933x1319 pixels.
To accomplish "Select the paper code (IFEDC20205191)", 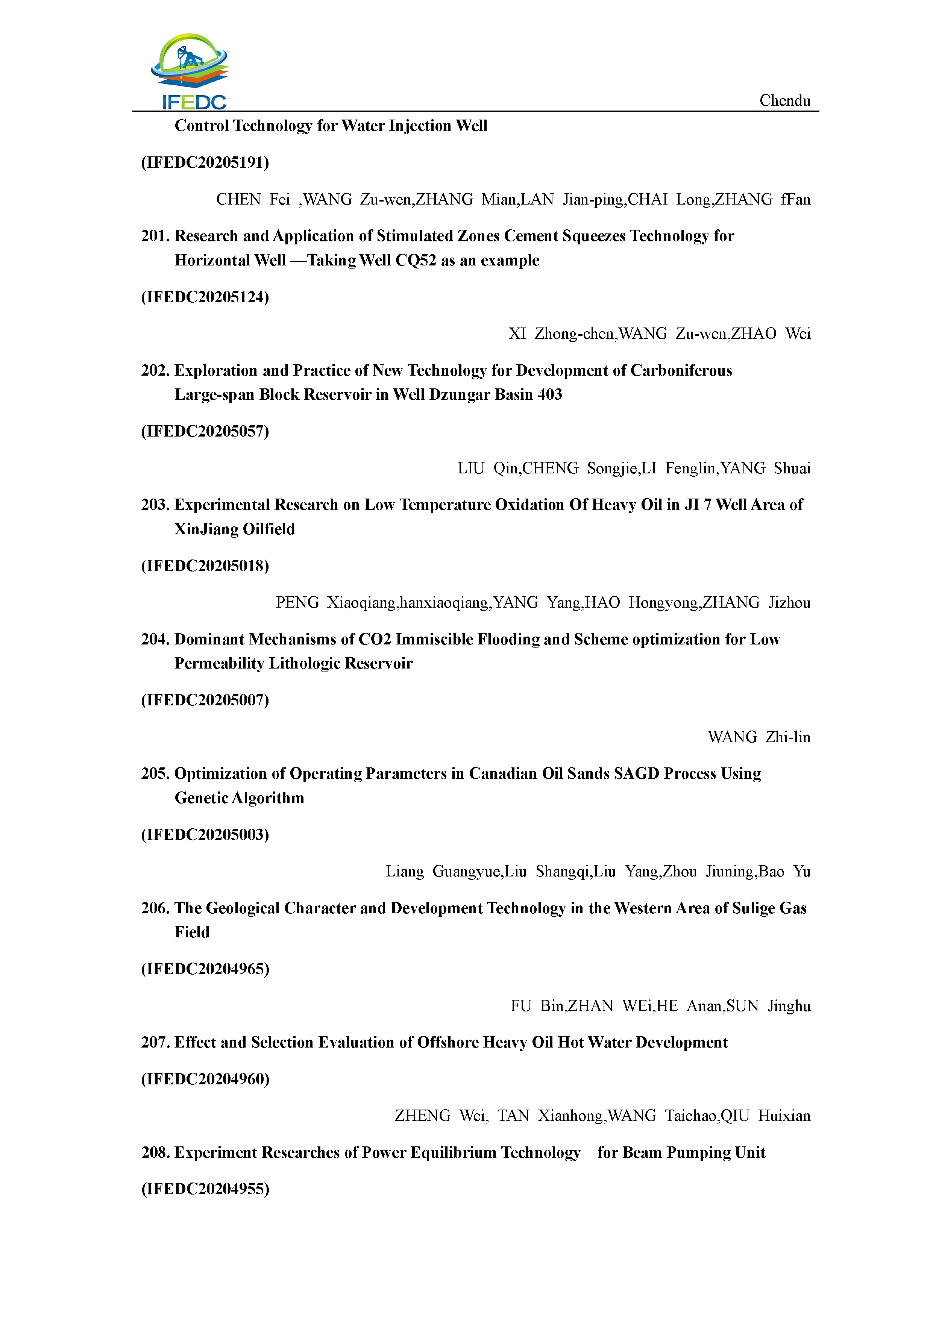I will [205, 162].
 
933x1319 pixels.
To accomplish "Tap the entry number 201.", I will [155, 236].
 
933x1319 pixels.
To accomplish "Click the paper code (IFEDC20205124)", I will [205, 297].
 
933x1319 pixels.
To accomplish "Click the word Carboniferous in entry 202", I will [681, 370].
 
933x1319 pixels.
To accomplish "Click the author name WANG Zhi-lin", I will [759, 737].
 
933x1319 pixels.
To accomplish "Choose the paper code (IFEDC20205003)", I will [205, 835].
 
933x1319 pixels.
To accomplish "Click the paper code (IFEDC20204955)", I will [205, 1189].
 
